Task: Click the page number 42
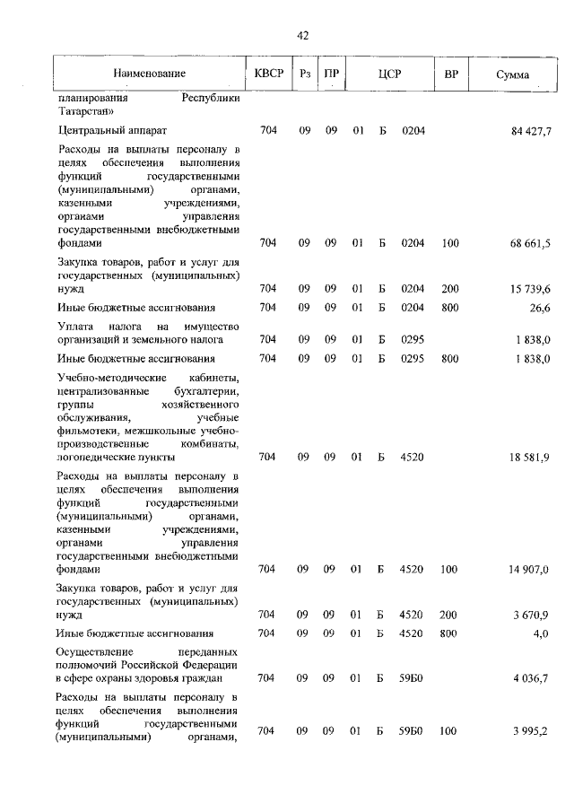coord(302,36)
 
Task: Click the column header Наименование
coord(150,74)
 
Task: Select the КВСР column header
coord(267,74)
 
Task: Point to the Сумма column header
coord(512,74)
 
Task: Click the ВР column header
coord(450,74)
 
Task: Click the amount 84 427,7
coord(531,132)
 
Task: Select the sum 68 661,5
coord(531,243)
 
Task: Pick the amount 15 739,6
coord(531,289)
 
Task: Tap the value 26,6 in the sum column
coord(541,308)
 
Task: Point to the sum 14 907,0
coord(531,569)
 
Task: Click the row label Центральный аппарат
coord(105,131)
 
